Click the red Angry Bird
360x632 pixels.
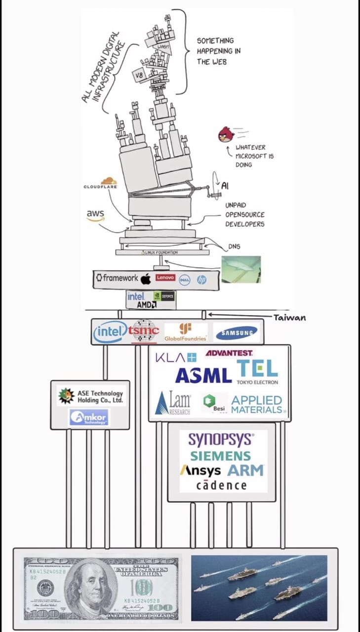(x=226, y=134)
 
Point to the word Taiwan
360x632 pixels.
(x=290, y=317)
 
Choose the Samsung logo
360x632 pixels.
(x=237, y=333)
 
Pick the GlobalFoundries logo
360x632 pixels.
(x=186, y=332)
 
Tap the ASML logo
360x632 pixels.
(x=203, y=376)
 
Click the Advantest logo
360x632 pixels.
(x=229, y=353)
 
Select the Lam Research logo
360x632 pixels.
(x=172, y=403)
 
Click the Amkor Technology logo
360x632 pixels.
(x=89, y=418)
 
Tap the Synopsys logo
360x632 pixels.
(x=221, y=438)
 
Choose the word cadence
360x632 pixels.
(x=221, y=485)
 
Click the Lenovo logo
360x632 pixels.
(x=165, y=278)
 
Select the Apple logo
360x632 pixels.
(x=146, y=279)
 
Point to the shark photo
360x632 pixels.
(x=241, y=269)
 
